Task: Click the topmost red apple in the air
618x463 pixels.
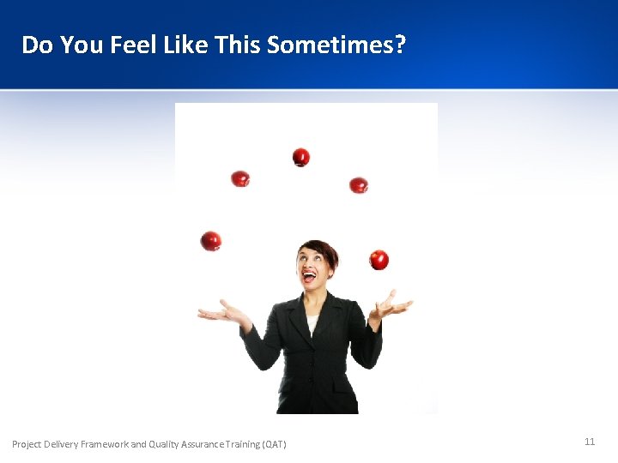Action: [x=300, y=157]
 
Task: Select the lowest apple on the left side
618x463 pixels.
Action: [x=210, y=241]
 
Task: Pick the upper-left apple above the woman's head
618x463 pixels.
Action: [x=240, y=178]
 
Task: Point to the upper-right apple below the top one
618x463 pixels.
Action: [x=359, y=184]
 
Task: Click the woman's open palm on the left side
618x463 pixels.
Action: [x=221, y=312]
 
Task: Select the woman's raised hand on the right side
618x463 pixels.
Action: [x=391, y=305]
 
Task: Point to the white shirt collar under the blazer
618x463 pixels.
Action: [x=312, y=324]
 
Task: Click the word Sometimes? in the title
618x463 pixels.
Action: [x=336, y=45]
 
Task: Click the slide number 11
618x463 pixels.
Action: [x=590, y=442]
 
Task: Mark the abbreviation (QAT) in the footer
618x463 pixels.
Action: [x=272, y=444]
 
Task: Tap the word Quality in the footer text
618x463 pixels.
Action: [x=165, y=444]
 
